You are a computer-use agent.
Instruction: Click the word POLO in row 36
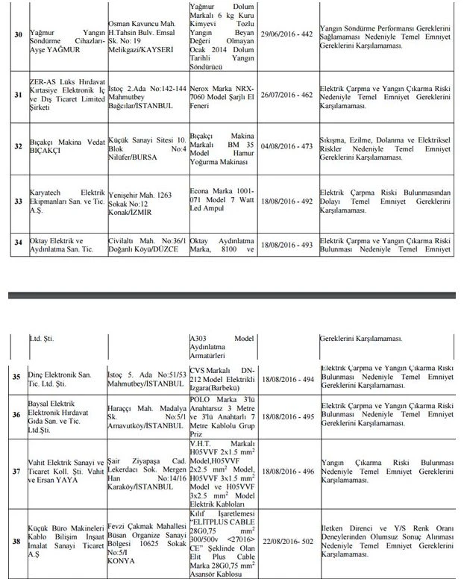point(204,408)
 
